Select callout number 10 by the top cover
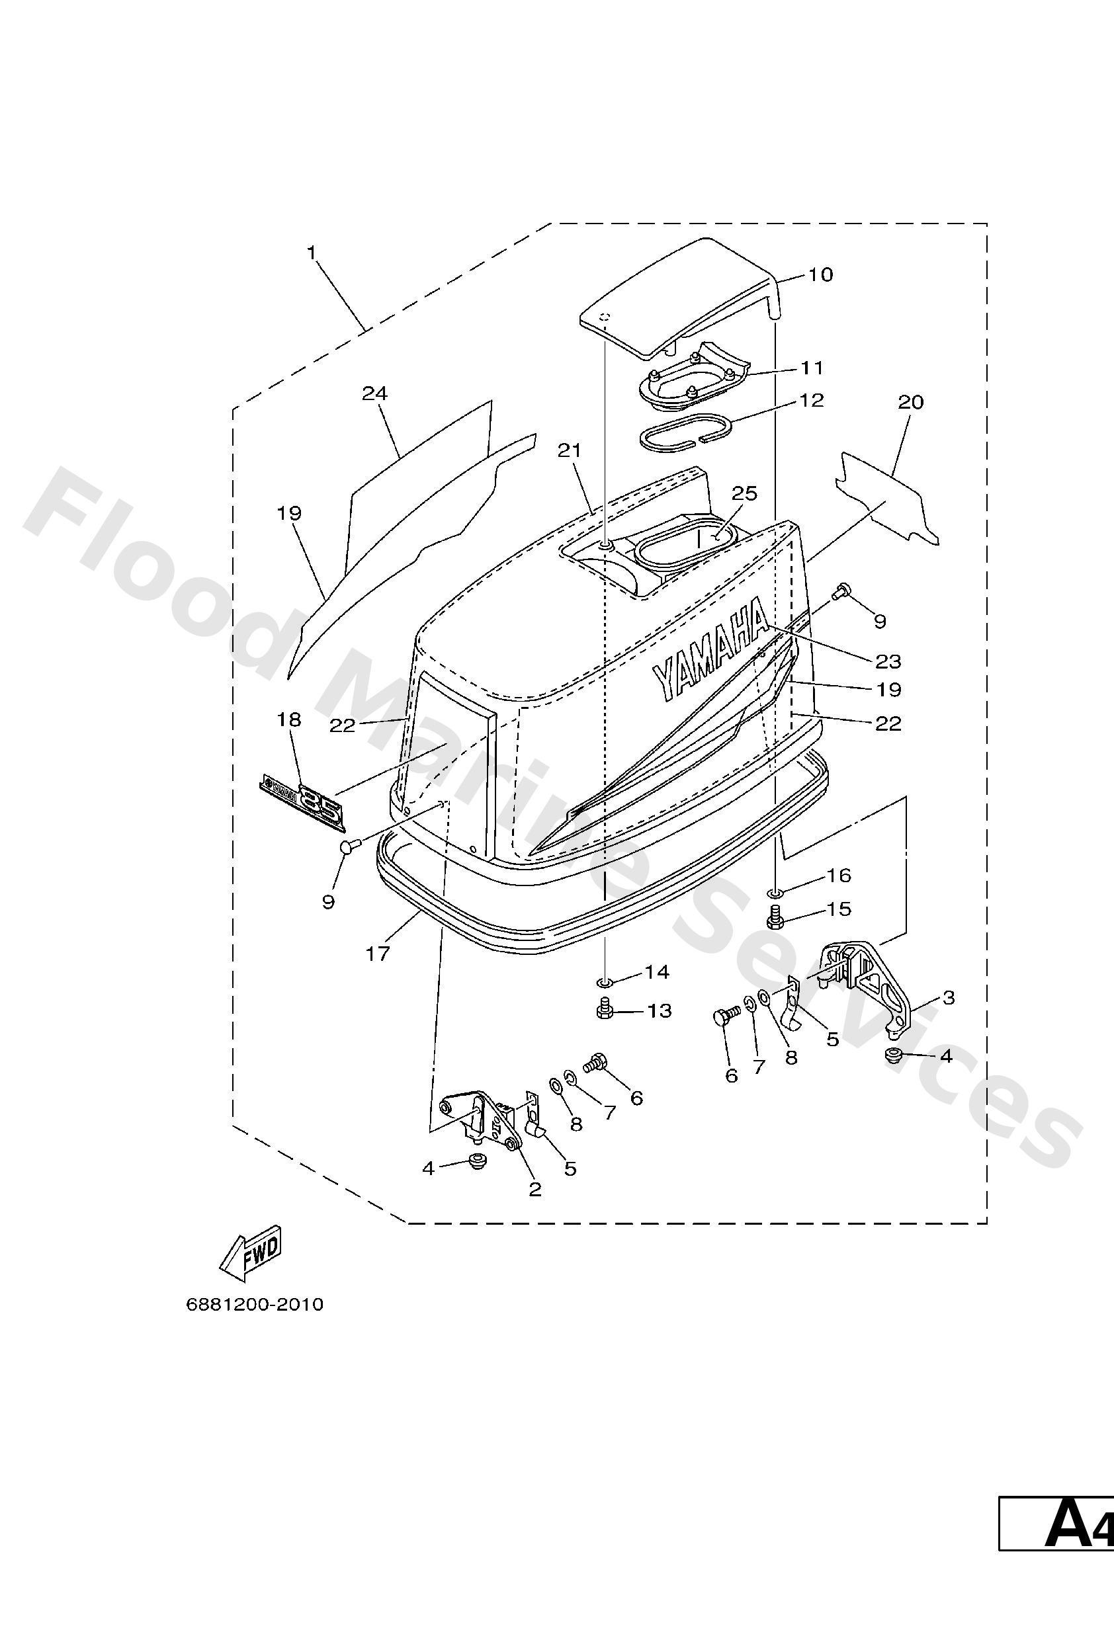[820, 274]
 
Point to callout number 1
[311, 252]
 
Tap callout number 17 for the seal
[378, 954]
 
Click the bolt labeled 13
[603, 1010]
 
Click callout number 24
[375, 393]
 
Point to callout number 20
[911, 401]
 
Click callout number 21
[569, 450]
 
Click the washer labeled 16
[776, 893]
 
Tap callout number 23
[888, 661]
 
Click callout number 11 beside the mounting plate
[812, 368]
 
